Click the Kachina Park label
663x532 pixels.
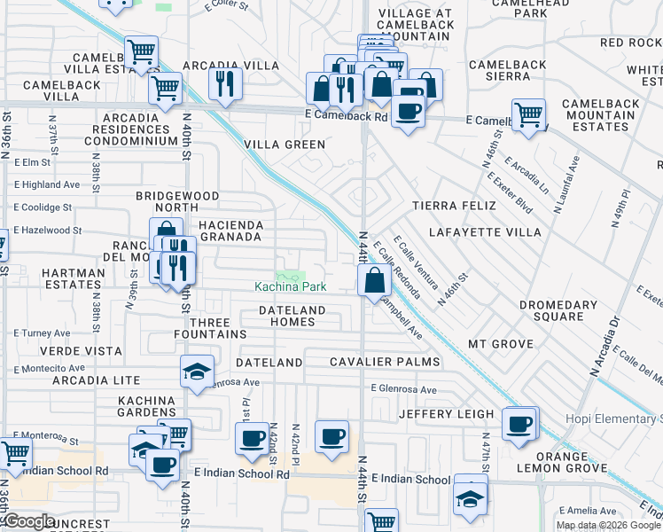290,286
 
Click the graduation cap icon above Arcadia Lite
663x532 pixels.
197,371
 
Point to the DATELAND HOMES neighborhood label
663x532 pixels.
292,316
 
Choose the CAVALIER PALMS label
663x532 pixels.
385,362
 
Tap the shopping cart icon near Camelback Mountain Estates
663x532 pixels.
529,113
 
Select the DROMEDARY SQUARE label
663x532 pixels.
558,310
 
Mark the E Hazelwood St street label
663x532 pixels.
47,230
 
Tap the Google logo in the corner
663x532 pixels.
29,521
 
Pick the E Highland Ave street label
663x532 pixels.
46,184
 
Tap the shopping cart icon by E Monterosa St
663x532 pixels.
15,453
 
